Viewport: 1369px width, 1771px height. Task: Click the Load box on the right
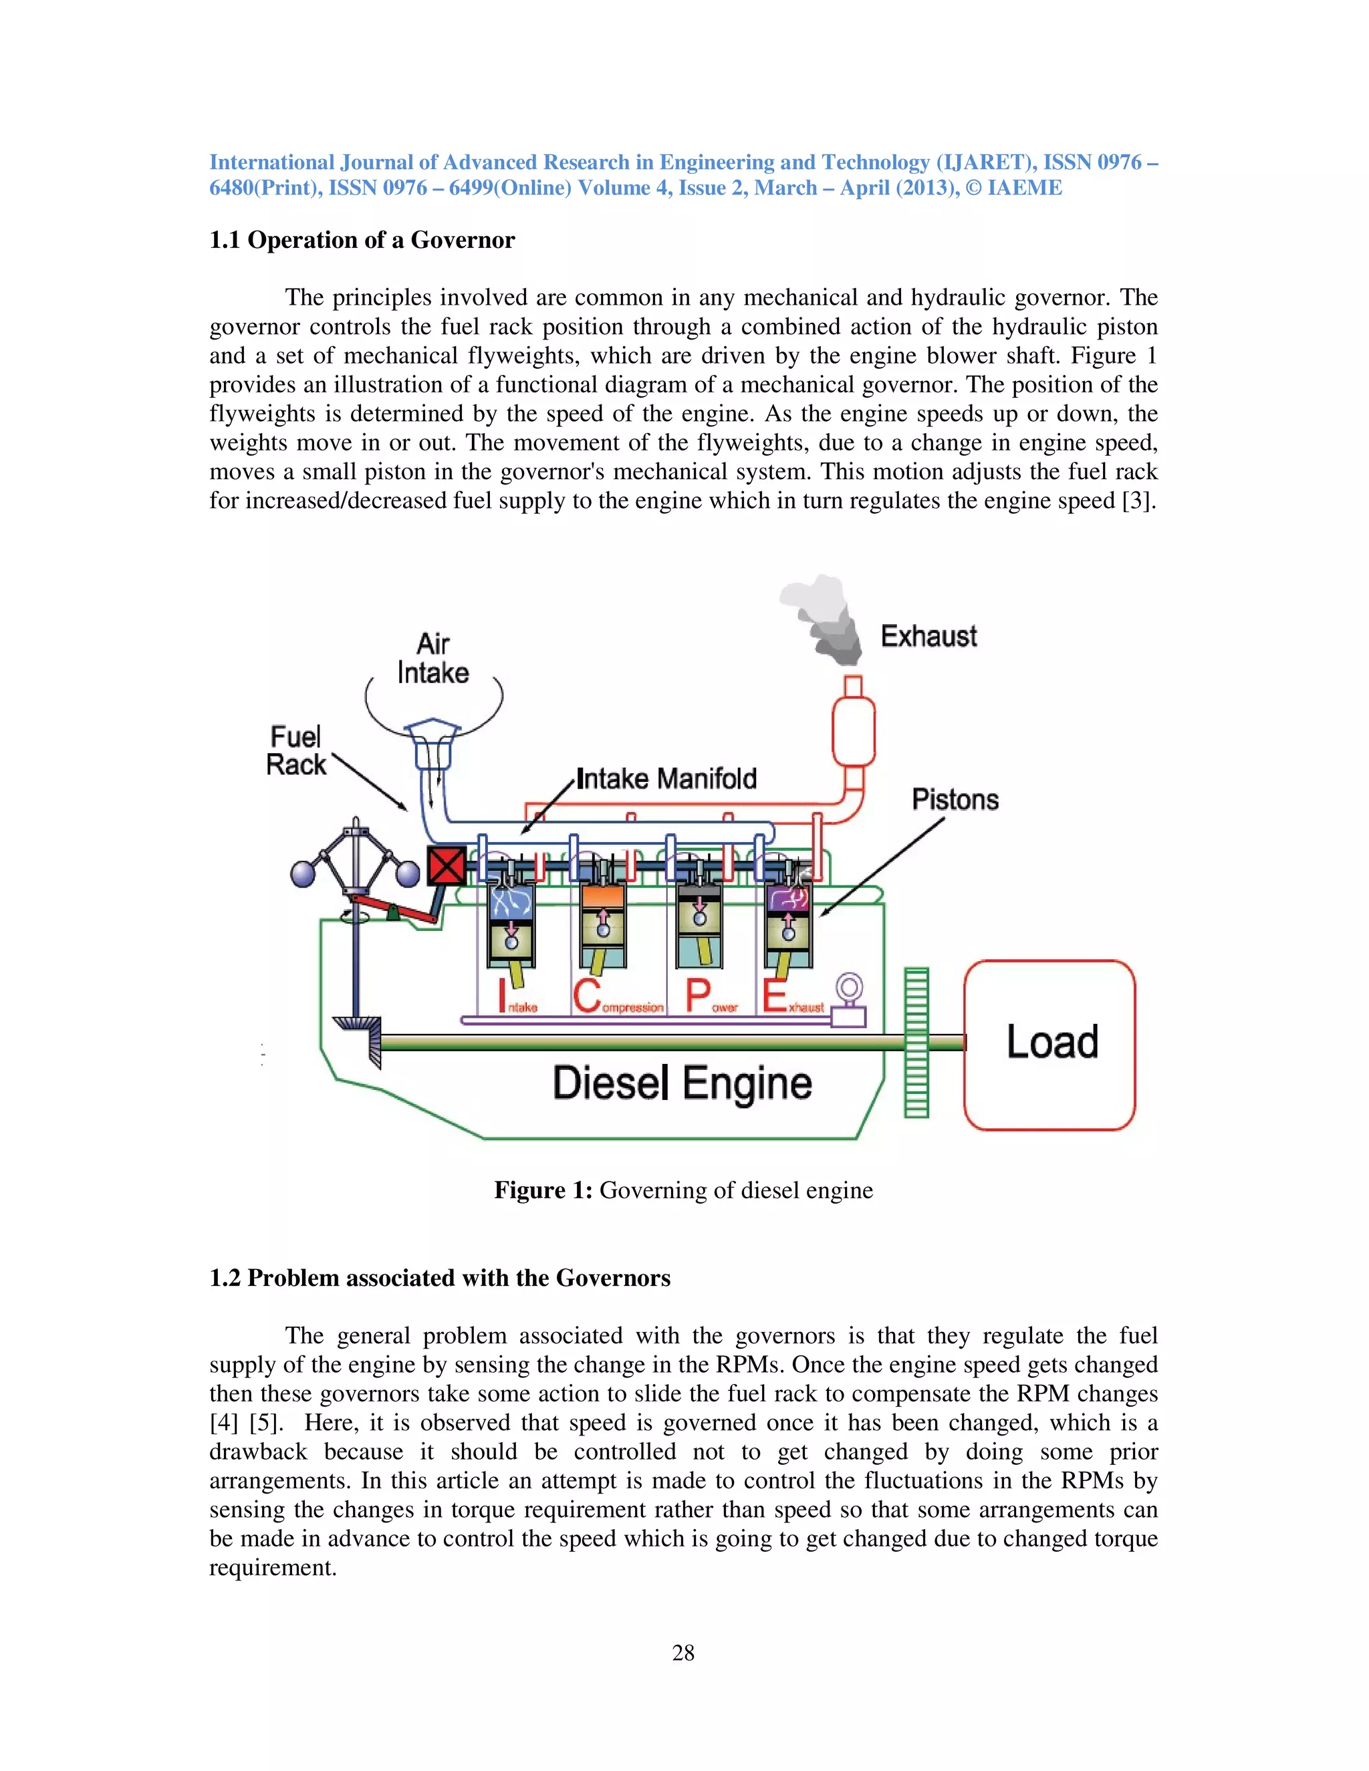pyautogui.click(x=1049, y=1045)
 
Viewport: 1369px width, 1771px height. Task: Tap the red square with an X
pyautogui.click(x=446, y=865)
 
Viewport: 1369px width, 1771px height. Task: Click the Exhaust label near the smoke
pyautogui.click(x=928, y=636)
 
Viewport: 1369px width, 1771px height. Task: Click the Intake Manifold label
pyautogui.click(x=666, y=779)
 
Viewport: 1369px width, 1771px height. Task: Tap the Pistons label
pyautogui.click(x=955, y=799)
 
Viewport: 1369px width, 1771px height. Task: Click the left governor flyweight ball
pyautogui.click(x=303, y=874)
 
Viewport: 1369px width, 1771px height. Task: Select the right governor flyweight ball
pyautogui.click(x=407, y=873)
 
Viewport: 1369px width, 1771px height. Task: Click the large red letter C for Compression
pyautogui.click(x=586, y=996)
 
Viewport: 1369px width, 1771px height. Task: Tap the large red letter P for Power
pyautogui.click(x=697, y=996)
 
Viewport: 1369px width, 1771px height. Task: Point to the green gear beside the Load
pyautogui.click(x=916, y=1042)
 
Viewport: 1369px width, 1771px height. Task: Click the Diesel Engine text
pyautogui.click(x=681, y=1083)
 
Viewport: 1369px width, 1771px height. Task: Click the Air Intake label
pyautogui.click(x=433, y=658)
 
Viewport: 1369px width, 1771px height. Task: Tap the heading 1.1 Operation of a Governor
pyautogui.click(x=362, y=240)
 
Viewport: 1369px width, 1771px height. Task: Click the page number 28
pyautogui.click(x=683, y=1653)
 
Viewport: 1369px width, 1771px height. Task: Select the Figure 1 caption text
pyautogui.click(x=683, y=1190)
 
